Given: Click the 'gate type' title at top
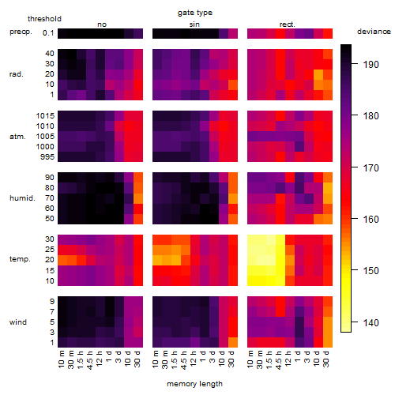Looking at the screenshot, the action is coord(195,13).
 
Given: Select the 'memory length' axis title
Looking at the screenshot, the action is coord(194,384).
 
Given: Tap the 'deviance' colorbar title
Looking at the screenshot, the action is coord(374,32).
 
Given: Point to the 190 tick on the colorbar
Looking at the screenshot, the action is coord(355,64).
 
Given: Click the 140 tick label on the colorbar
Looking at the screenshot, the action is coord(371,322).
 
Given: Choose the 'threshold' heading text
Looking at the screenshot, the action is coord(44,19).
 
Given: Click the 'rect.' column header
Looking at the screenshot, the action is coord(288,24).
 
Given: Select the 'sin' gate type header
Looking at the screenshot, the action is coord(194,24).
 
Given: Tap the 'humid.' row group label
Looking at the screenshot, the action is coord(22,198).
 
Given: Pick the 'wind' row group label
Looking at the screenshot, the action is coord(18,322).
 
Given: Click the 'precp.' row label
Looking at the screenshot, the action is coord(21,32).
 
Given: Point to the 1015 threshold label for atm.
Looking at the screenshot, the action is coord(45,115).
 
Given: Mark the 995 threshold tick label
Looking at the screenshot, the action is coord(47,157).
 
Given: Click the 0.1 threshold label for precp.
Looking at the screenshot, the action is coord(48,33).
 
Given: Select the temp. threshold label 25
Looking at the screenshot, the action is coord(50,249).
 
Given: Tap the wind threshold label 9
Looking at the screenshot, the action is coord(52,301).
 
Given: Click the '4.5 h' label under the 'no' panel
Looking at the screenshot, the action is coord(90,359).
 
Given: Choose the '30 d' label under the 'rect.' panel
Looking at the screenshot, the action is coord(326,359).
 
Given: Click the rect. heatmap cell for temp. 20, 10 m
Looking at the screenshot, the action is coord(252,260).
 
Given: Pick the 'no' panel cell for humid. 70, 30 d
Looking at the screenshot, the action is coord(138,198).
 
